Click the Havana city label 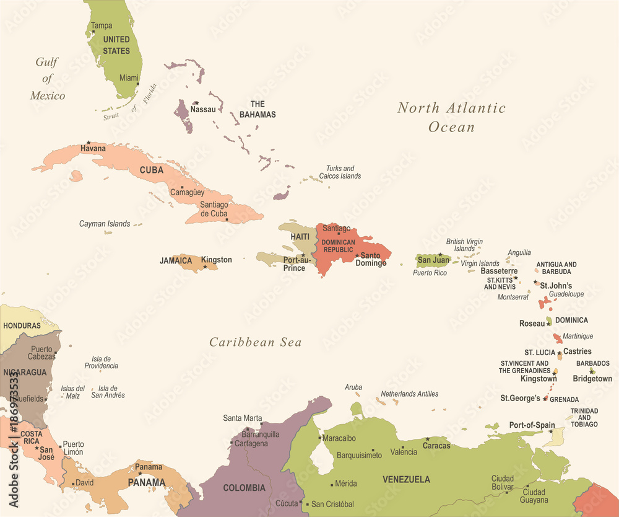tap(93, 149)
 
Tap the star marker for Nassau tap(196, 103)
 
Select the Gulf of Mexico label tap(48, 79)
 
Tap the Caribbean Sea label tap(255, 342)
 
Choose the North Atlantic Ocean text tap(452, 117)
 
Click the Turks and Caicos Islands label tap(340, 172)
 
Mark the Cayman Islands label tap(105, 224)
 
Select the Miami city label tap(129, 78)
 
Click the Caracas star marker tap(427, 439)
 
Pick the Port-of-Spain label tap(531, 425)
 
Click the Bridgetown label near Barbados tap(592, 379)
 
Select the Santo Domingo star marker tap(357, 255)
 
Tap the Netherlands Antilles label tap(409, 394)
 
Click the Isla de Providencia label tap(102, 362)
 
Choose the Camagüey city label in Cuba tap(187, 193)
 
